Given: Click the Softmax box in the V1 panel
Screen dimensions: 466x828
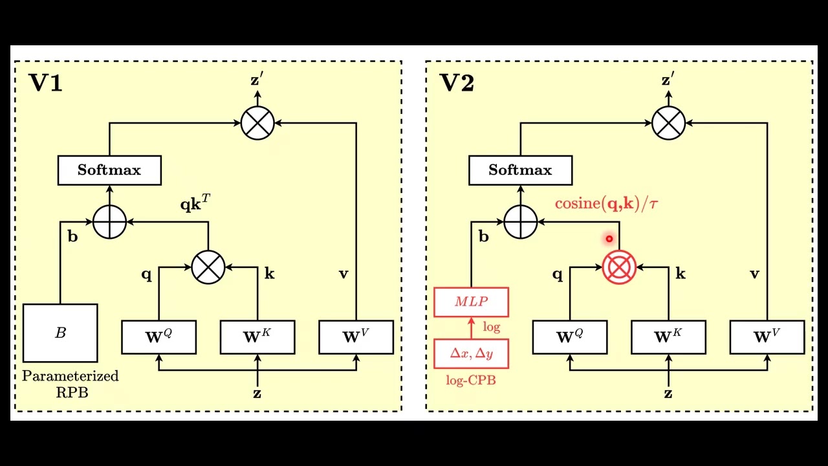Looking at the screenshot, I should (109, 170).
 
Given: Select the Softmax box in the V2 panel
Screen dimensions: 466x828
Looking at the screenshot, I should (520, 170).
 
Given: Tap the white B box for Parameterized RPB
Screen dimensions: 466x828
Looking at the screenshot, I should (60, 333).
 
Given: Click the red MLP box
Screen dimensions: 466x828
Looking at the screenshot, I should (471, 302).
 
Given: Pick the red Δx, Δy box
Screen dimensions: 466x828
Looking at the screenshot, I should (471, 353).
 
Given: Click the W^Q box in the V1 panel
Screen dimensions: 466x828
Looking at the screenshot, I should (159, 337).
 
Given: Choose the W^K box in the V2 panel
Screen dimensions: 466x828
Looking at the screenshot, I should (668, 337).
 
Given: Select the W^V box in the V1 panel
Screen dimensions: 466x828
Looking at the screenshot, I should (356, 337).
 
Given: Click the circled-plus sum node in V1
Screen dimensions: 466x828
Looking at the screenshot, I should (109, 222).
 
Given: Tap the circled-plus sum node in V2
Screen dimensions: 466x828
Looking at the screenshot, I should (520, 222).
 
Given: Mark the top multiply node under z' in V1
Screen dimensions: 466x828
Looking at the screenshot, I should (257, 122).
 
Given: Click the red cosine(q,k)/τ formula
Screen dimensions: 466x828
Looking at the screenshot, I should (606, 204).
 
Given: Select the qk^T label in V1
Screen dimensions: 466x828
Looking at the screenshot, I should (195, 205).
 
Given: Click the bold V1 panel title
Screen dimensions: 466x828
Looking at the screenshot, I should (45, 83).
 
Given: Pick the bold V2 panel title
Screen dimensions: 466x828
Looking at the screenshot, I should (457, 83).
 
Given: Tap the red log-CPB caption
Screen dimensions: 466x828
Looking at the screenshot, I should (471, 381).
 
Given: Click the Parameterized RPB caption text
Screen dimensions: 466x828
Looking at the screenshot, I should (71, 384).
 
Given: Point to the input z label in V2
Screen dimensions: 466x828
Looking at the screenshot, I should (668, 394).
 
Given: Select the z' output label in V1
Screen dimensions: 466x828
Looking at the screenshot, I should (257, 80).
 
